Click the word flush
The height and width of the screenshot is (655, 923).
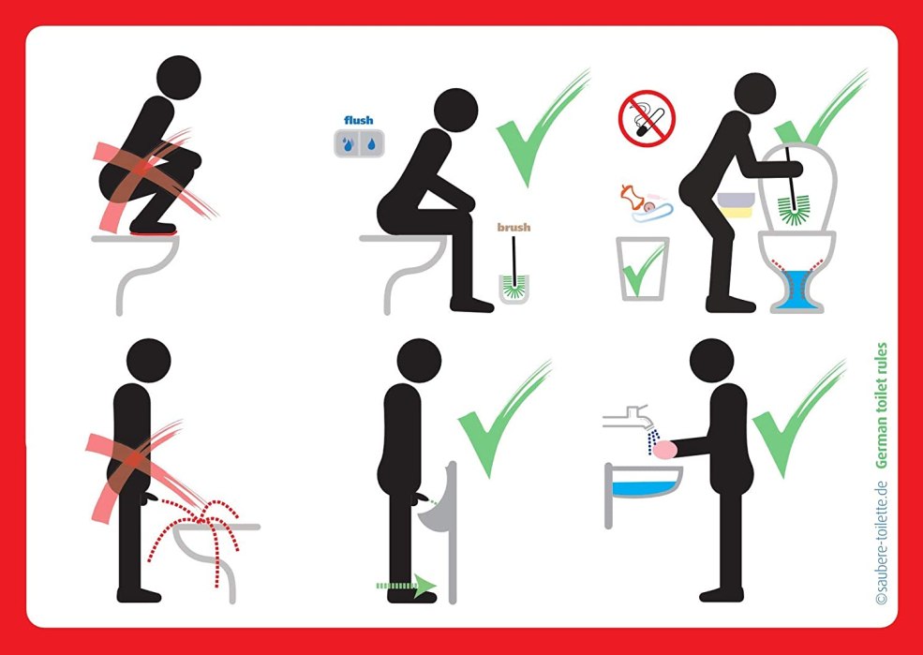[359, 120]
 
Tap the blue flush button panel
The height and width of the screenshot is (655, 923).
[359, 143]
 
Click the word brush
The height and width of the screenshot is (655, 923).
[514, 227]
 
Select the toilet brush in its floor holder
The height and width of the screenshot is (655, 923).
[514, 272]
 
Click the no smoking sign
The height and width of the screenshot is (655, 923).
[647, 118]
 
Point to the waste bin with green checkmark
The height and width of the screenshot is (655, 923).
[642, 268]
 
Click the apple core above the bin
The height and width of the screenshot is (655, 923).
[631, 198]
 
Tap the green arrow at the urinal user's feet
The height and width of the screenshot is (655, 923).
[406, 586]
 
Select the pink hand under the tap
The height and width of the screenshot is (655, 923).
[667, 450]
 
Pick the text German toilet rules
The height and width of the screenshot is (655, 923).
[881, 406]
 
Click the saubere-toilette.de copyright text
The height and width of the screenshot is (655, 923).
[881, 543]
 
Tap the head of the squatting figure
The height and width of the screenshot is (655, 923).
[179, 78]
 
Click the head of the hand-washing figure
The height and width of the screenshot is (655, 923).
[711, 361]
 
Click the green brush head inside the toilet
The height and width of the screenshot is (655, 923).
[793, 211]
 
